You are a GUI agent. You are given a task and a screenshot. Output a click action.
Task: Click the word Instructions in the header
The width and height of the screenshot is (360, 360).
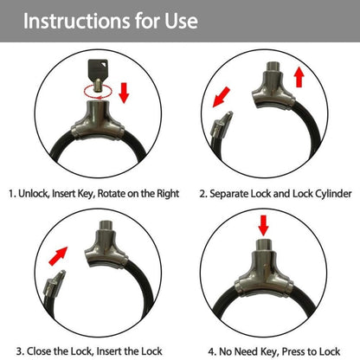point(77,21)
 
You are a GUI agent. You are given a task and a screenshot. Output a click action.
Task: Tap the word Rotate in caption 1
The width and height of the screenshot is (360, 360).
point(115,193)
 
